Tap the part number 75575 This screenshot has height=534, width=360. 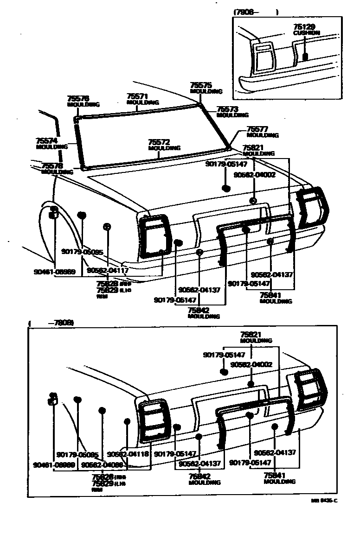click(201, 85)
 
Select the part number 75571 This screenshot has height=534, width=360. click(137, 96)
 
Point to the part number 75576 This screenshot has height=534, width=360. click(77, 99)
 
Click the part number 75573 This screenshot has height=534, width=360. click(227, 109)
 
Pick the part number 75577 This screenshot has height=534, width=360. click(257, 129)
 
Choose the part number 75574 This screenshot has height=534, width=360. click(46, 140)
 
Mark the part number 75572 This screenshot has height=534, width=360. click(159, 142)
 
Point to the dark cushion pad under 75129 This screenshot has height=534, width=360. click(305, 57)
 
